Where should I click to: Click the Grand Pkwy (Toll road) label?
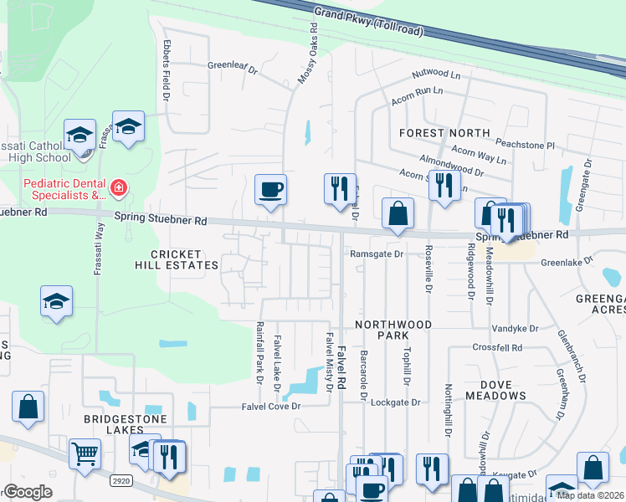[368, 23]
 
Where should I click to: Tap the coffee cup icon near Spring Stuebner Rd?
[270, 189]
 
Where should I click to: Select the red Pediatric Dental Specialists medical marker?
[119, 187]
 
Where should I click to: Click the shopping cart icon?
[85, 454]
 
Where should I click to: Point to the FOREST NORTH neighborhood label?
[444, 133]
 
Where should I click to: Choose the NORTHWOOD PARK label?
[393, 329]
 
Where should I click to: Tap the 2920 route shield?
[121, 481]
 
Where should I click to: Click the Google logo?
[28, 492]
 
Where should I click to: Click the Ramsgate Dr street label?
[377, 254]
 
